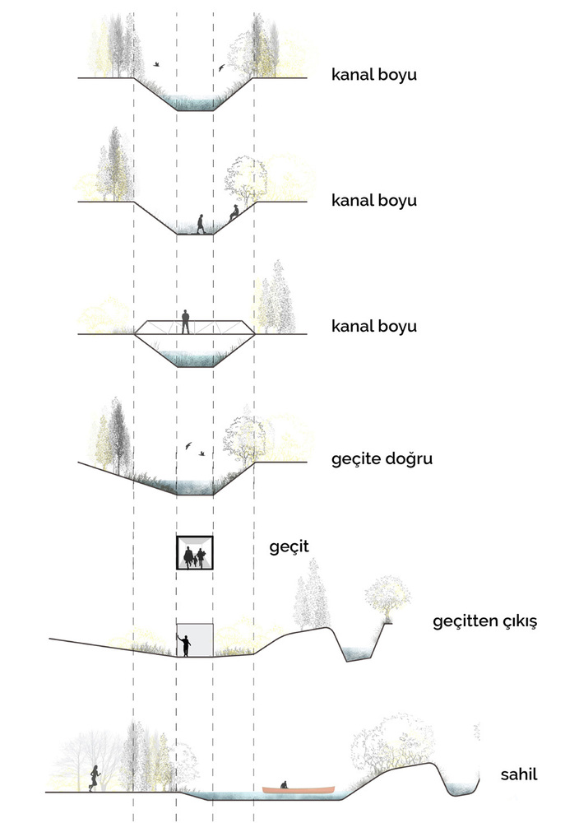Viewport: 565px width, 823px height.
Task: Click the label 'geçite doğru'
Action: pyautogui.click(x=382, y=459)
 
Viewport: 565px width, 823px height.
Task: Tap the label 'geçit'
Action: pyautogui.click(x=289, y=547)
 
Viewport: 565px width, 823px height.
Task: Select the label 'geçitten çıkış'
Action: pyautogui.click(x=484, y=622)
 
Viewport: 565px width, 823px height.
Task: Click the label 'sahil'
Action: pyautogui.click(x=519, y=774)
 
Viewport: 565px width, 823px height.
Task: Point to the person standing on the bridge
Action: pyautogui.click(x=185, y=322)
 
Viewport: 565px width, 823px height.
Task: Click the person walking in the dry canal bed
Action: pyautogui.click(x=201, y=224)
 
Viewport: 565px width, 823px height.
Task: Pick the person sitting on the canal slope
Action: pyautogui.click(x=234, y=212)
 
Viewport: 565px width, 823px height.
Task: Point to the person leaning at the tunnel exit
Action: pyautogui.click(x=184, y=645)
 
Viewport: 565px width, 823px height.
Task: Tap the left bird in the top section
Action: pyautogui.click(x=155, y=64)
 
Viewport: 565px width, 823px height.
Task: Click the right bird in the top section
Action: pyautogui.click(x=221, y=68)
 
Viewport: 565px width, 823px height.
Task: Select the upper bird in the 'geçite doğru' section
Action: pyautogui.click(x=188, y=445)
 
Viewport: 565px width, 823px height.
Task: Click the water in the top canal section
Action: pyautogui.click(x=195, y=102)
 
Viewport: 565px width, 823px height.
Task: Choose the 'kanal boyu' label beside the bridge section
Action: pyautogui.click(x=374, y=327)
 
